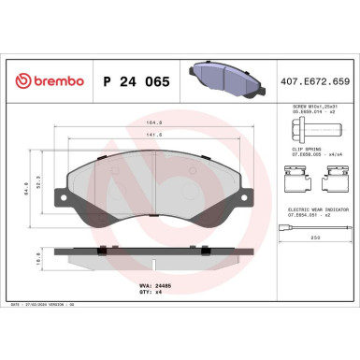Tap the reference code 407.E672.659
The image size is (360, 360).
click(x=313, y=80)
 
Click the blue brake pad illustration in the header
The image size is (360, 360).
click(x=217, y=79)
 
